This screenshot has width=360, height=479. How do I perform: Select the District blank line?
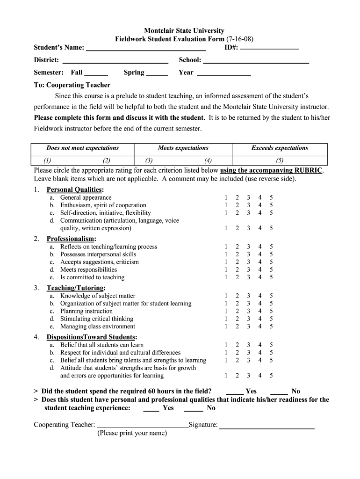click(115, 61)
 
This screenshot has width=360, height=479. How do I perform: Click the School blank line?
click(256, 61)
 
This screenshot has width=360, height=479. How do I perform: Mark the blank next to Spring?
click(157, 73)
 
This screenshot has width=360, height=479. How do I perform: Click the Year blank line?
click(224, 73)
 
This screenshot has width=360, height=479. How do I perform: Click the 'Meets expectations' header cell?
click(183, 148)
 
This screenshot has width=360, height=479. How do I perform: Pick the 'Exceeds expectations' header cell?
click(280, 148)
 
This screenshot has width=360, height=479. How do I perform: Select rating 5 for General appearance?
click(271, 198)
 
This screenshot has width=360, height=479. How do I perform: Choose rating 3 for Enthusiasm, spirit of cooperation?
click(248, 205)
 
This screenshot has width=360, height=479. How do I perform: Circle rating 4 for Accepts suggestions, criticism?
click(260, 262)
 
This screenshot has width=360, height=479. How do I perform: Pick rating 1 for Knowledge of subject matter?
click(226, 296)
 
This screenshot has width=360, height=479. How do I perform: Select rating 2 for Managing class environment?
click(237, 327)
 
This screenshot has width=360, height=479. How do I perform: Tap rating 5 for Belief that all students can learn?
click(271, 345)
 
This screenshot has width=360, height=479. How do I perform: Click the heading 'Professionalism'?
click(71, 239)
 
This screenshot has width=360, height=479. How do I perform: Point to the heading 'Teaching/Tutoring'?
click(75, 288)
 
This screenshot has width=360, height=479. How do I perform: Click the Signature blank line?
click(266, 426)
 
